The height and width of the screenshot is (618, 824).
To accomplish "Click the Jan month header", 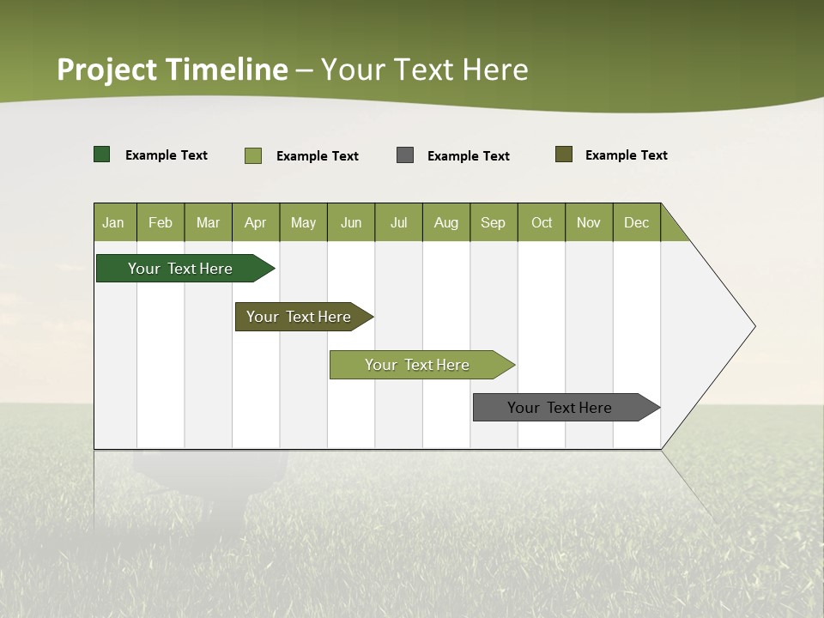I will tap(114, 222).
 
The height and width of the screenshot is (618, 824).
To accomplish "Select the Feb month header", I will tap(161, 222).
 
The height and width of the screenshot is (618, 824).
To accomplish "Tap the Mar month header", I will tap(208, 222).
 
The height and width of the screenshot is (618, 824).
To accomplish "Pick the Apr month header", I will tap(255, 222).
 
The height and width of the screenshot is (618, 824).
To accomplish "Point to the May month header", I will tap(303, 222).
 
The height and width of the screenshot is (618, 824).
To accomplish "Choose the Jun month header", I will tap(351, 222).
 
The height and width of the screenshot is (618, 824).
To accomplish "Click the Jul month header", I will tap(398, 222).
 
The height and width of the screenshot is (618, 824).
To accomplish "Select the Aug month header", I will tap(446, 222).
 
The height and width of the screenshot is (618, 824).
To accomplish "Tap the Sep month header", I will tap(494, 222).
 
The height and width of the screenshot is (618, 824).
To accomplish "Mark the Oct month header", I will tap(542, 222).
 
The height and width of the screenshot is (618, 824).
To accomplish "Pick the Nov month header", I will tap(589, 222).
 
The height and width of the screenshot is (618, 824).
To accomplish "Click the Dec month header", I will tap(637, 222).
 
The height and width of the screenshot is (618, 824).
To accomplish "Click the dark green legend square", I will tap(102, 154).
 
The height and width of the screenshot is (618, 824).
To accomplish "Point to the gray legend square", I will tap(405, 155).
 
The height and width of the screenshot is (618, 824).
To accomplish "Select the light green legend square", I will tap(253, 155).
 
